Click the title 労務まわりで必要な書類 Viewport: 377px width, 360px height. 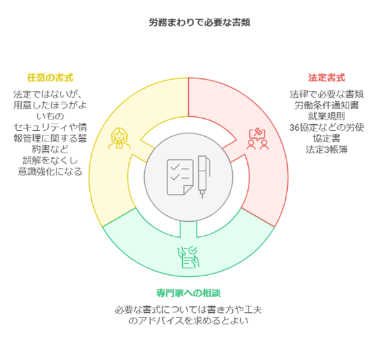[x=199, y=23]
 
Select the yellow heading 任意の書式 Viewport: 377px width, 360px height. [x=50, y=78]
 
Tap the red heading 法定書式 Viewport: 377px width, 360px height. [x=326, y=78]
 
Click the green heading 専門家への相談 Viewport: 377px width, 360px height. [x=189, y=293]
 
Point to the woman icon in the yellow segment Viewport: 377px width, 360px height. [x=119, y=139]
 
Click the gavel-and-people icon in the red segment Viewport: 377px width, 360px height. [x=257, y=139]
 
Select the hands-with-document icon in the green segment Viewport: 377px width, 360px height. [x=189, y=258]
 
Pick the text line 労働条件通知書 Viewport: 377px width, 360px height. [x=326, y=105]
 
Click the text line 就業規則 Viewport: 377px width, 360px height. [x=326, y=116]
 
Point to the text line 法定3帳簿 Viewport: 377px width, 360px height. [x=326, y=149]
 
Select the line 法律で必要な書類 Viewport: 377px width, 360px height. [x=326, y=94]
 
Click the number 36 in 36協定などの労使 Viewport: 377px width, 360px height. [x=295, y=128]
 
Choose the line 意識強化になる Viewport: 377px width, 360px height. [x=50, y=172]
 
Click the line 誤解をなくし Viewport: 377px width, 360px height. [x=50, y=161]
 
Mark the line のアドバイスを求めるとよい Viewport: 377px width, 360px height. [x=189, y=321]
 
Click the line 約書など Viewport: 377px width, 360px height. [x=50, y=149]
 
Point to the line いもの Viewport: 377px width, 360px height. [x=50, y=116]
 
